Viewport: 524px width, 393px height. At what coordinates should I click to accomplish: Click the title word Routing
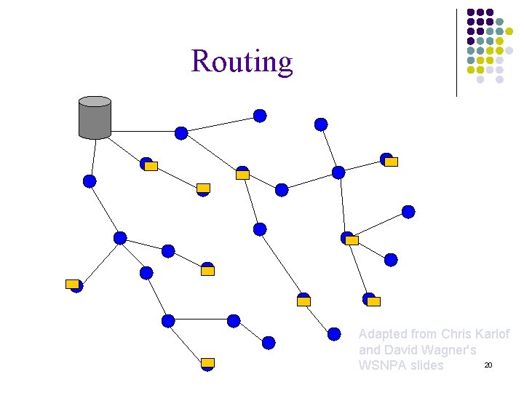click(242, 62)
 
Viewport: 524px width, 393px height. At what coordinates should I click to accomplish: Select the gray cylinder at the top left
click(95, 119)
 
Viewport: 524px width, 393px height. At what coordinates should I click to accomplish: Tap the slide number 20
click(488, 365)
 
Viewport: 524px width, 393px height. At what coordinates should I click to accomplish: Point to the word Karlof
click(492, 334)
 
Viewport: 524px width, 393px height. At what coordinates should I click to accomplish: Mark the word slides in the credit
click(427, 365)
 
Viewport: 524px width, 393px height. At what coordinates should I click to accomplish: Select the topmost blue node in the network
click(260, 116)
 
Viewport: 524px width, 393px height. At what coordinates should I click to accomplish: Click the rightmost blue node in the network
click(408, 212)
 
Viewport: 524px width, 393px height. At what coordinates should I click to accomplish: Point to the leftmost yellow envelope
click(72, 284)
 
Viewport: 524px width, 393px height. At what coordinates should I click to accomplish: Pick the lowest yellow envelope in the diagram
click(207, 362)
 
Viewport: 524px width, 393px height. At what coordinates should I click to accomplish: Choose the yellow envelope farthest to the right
click(391, 162)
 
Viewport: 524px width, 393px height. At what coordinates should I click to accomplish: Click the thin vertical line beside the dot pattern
click(457, 52)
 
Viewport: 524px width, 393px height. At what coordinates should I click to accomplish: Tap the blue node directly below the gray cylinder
click(90, 181)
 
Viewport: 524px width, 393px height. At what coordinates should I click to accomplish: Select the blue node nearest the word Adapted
click(334, 334)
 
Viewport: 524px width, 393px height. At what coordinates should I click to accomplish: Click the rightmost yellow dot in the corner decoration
click(509, 32)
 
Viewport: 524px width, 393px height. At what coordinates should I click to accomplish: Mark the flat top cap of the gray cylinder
click(95, 101)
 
